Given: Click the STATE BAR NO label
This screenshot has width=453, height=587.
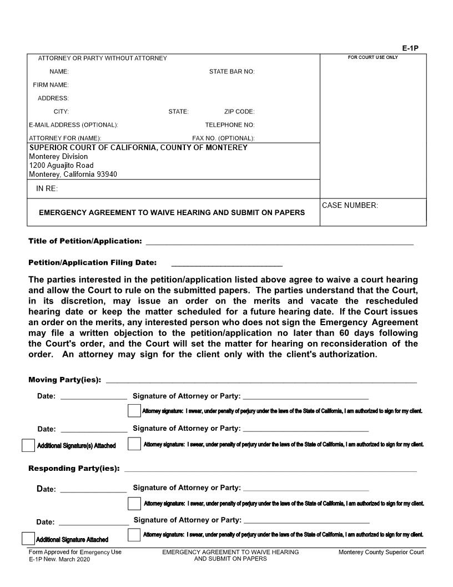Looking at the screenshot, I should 231,72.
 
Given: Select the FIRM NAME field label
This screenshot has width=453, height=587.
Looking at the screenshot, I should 51,85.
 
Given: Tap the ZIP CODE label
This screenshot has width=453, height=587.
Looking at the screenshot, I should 239,112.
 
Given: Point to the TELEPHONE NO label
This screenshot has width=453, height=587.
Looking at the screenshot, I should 230,125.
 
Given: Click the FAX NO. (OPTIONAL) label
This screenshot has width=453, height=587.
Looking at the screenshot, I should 223,138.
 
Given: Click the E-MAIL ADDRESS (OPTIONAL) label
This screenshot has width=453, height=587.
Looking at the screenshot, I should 73,125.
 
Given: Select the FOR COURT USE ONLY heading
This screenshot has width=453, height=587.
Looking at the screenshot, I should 373,58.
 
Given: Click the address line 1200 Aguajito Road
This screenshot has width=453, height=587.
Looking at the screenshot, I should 61,166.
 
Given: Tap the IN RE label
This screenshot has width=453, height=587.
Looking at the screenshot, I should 47,189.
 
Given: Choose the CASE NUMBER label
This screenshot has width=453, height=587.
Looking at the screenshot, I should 350,206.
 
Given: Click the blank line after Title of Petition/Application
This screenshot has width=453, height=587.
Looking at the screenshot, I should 279,242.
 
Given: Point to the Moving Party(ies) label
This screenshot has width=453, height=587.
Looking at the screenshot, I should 64,380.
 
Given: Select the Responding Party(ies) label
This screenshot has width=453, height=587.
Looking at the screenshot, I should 74,469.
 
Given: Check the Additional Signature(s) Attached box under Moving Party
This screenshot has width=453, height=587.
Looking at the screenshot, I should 28,445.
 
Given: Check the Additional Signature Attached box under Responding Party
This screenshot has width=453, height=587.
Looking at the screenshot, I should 28,539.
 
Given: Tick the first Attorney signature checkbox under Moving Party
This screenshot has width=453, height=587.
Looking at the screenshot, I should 134,411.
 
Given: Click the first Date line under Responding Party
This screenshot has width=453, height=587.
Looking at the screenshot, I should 93,490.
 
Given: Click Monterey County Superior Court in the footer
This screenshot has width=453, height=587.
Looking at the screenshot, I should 381,553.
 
